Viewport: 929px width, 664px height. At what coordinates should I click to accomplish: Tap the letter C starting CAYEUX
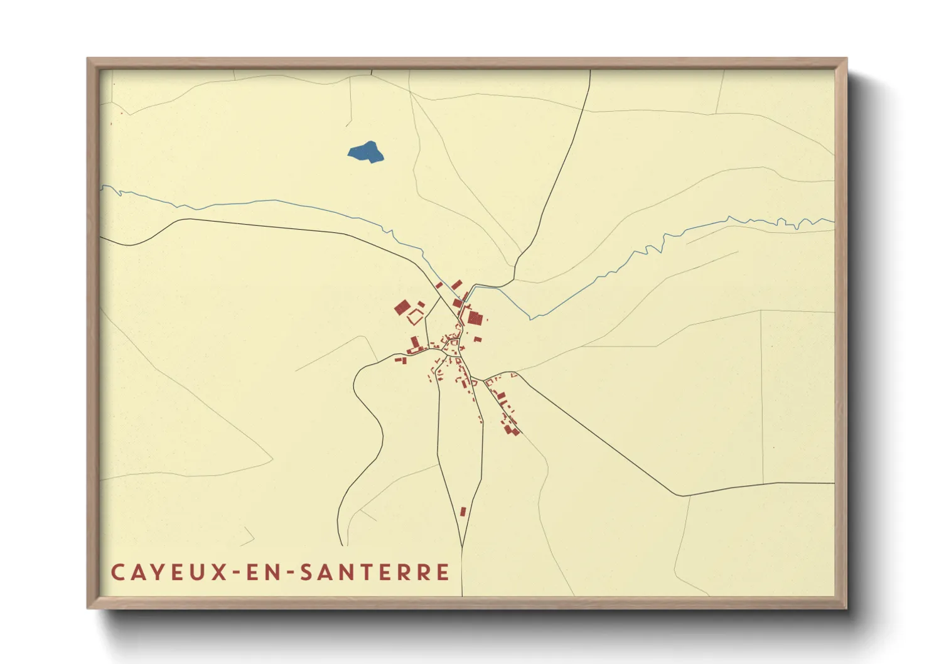(117, 572)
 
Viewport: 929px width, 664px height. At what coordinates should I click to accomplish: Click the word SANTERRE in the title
(375, 572)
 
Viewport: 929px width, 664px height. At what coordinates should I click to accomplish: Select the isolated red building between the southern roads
(463, 511)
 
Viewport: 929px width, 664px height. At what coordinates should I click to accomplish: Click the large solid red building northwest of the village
(402, 308)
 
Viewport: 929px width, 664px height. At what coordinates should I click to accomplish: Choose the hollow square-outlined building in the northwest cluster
(415, 318)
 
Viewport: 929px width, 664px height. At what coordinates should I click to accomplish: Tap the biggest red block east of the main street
(474, 318)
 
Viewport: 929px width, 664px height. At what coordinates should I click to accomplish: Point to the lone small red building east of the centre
(478, 340)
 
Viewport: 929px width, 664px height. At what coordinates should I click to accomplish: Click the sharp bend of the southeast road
(681, 495)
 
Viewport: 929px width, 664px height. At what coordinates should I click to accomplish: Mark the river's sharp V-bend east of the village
(532, 319)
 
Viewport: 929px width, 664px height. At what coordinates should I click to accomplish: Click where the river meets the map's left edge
(102, 186)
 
